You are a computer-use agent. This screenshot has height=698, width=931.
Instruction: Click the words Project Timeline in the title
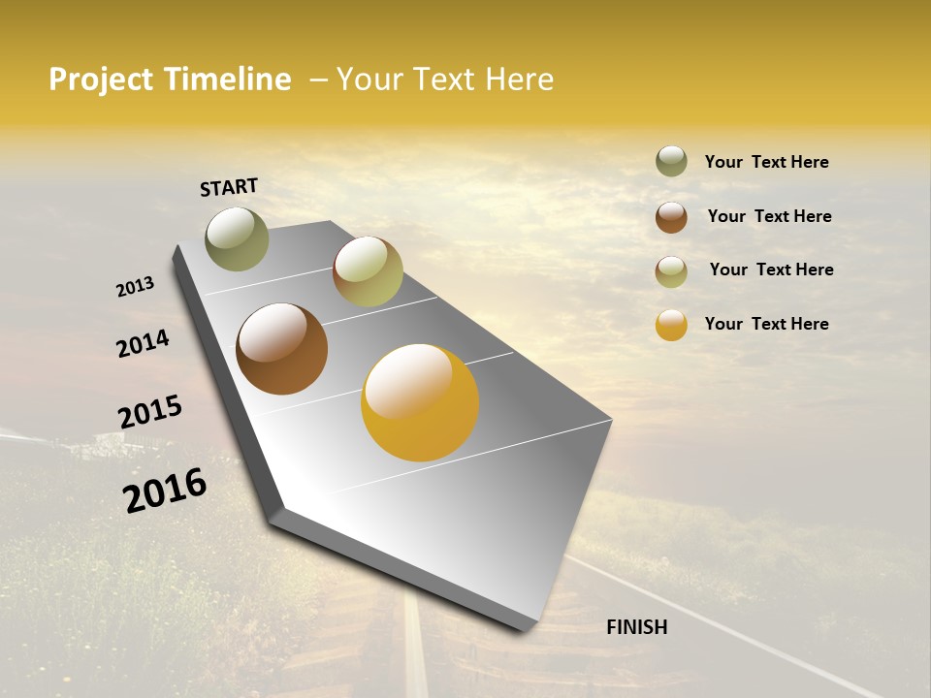pos(170,79)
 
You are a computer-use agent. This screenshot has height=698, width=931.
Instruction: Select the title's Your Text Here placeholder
pos(445,79)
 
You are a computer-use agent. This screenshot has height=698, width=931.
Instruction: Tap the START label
pos(229,187)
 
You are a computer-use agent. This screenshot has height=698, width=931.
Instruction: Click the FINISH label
pos(636,627)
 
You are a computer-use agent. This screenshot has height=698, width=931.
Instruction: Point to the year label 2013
pos(135,287)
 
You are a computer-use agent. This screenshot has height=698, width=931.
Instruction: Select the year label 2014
pos(143,344)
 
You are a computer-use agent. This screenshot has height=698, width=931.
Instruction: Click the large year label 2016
pos(165,491)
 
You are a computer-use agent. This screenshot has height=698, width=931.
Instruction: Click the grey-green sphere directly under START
pos(238,238)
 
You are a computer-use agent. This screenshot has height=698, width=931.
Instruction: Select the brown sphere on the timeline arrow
pos(282,349)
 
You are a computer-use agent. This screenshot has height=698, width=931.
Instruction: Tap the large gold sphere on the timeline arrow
pos(420,402)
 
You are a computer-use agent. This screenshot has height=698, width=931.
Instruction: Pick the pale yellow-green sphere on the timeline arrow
pos(368,271)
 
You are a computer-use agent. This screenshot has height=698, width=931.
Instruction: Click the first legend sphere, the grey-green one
pos(671,161)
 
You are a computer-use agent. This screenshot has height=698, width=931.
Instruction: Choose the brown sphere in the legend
pos(671,217)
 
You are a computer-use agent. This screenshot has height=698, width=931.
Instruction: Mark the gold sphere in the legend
pos(671,325)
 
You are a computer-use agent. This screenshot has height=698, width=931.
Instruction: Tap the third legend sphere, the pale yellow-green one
pos(671,271)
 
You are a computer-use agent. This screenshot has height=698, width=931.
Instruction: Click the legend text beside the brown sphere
pos(769,216)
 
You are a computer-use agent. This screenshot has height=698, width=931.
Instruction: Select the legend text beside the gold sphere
pos(766,324)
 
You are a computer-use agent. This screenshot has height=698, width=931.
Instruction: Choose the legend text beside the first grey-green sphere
pos(766,162)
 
